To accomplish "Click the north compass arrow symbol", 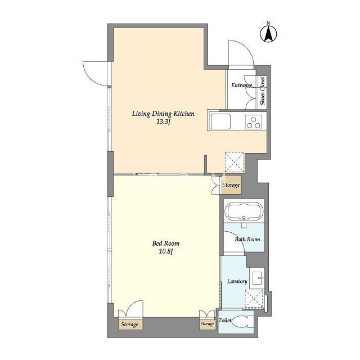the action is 268,34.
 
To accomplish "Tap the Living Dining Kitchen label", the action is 163,114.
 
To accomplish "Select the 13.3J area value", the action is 163,122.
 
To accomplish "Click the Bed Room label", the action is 166,243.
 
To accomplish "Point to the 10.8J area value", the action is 166,251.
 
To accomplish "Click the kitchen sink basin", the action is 220,121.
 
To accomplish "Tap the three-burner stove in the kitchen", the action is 254,122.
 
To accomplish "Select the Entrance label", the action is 241,85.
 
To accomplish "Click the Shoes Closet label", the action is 263,91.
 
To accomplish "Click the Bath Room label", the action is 247,239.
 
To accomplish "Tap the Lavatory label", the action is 237,281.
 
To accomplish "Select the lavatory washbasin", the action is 257,278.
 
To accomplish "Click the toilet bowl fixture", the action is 242,321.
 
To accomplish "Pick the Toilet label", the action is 225,320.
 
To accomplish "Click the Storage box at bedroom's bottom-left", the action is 130,325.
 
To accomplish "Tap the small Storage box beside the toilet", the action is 208,324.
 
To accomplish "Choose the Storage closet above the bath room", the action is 231,185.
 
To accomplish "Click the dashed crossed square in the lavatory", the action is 254,299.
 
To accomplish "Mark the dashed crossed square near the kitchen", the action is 234,163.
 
